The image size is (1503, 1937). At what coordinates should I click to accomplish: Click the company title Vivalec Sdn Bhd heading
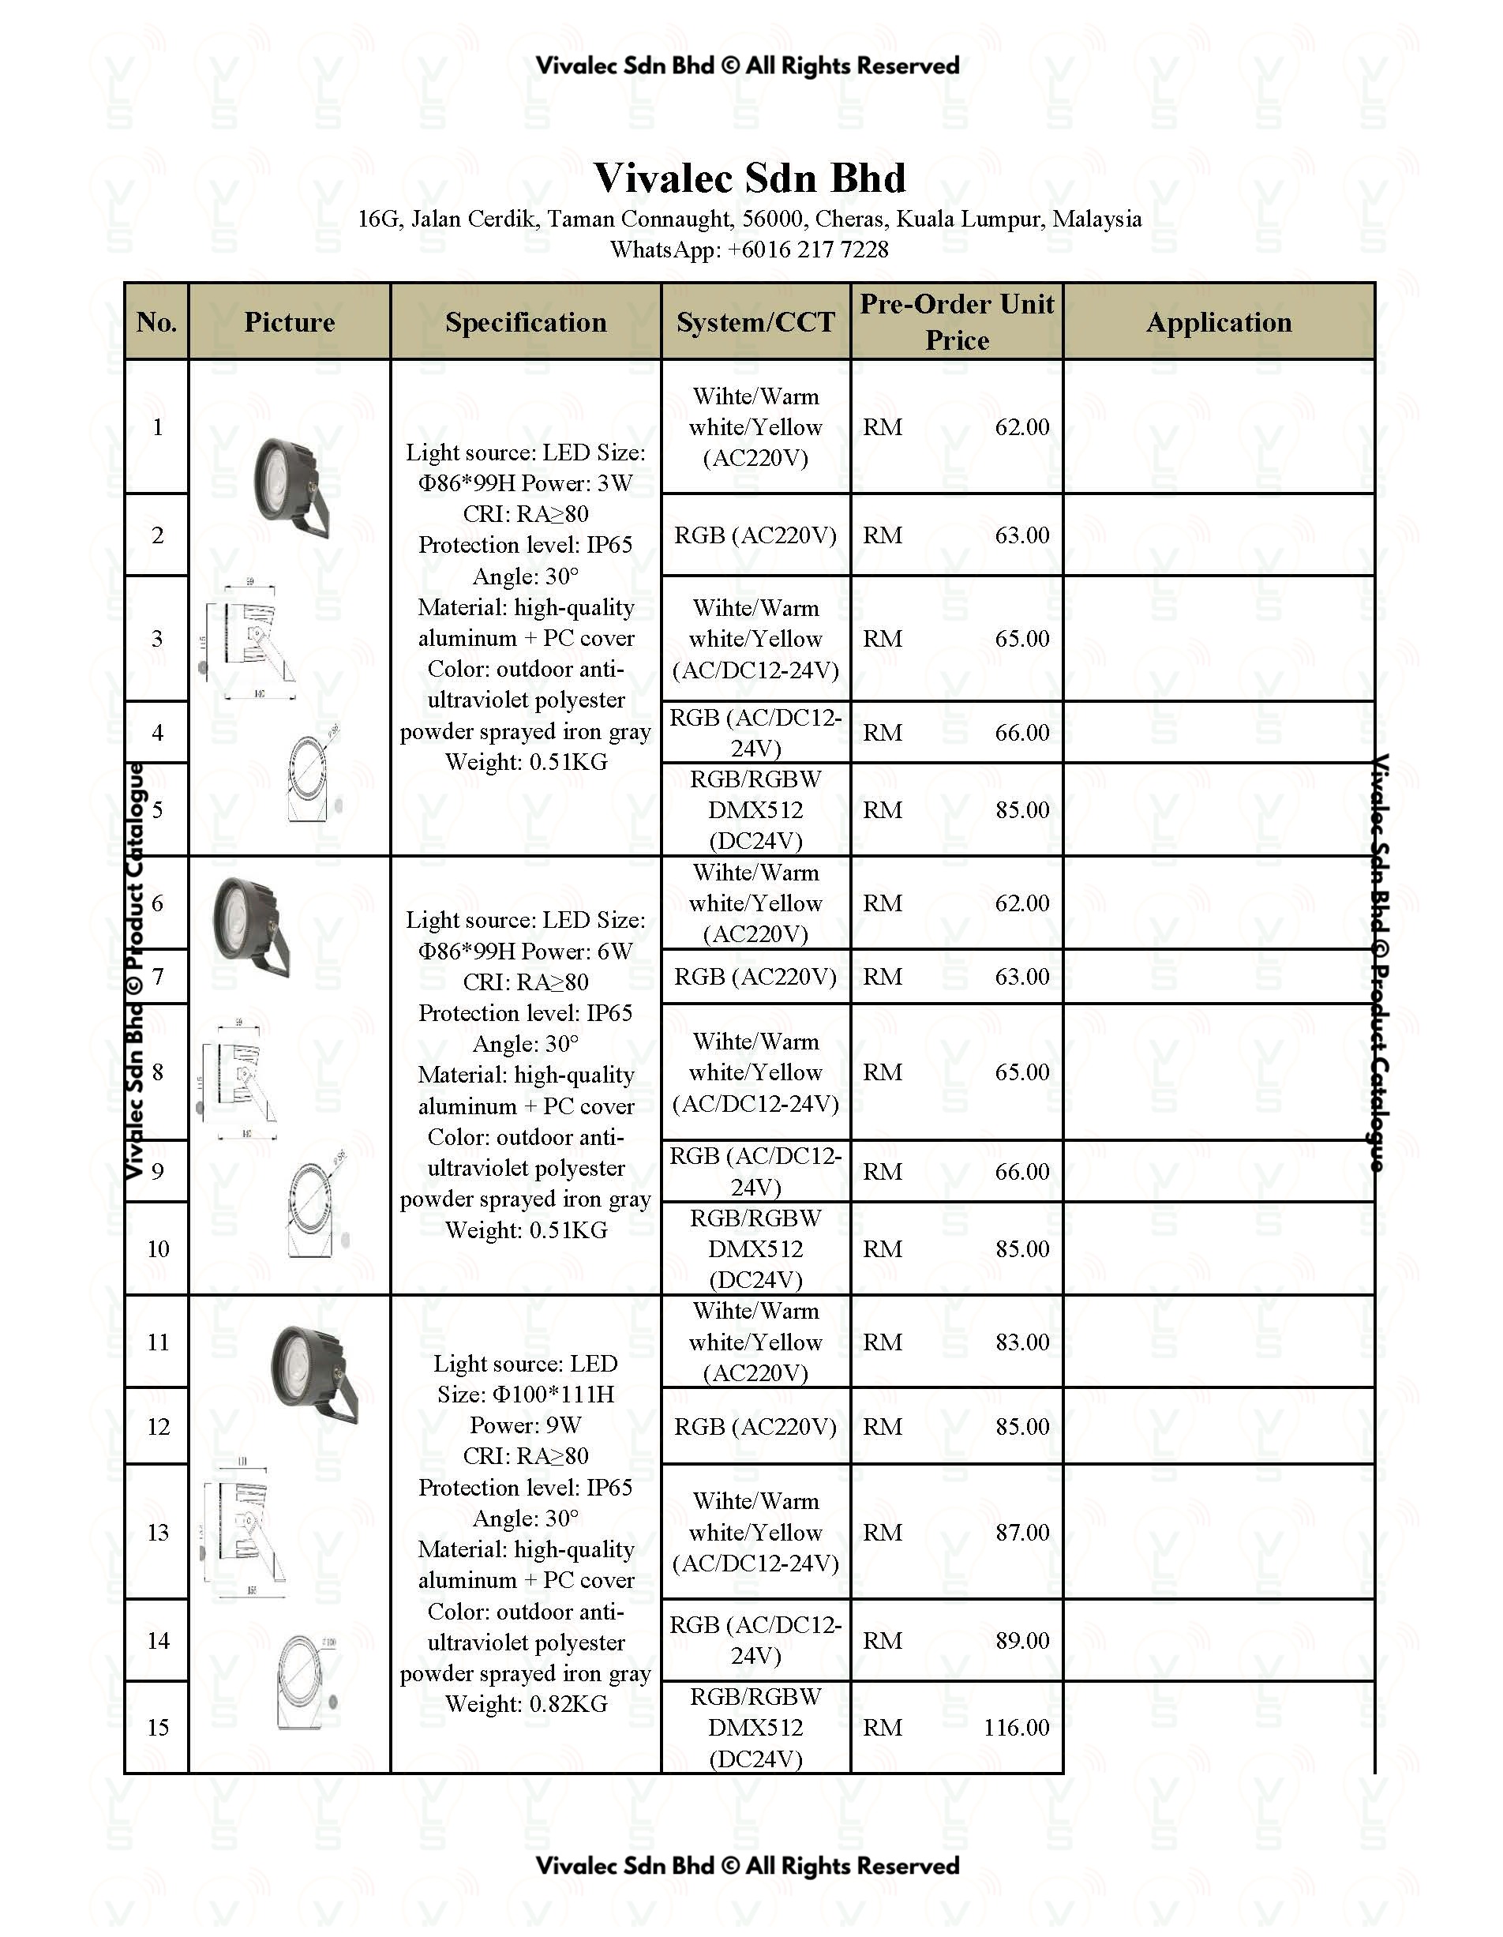pos(749,178)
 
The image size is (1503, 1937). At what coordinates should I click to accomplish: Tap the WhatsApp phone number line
pos(749,250)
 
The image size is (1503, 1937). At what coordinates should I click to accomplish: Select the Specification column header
pos(526,322)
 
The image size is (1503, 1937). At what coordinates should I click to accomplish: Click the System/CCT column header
pos(755,322)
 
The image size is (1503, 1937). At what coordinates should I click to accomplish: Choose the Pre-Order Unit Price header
pos(957,322)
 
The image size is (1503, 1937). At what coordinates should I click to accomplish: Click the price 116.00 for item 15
pos(1015,1727)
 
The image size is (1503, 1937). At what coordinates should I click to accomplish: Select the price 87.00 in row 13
pos(1021,1532)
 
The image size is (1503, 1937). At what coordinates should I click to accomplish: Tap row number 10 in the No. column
pos(158,1248)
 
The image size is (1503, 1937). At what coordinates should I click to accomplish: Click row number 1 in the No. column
pos(158,427)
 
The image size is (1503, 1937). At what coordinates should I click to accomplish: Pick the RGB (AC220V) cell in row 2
pos(755,535)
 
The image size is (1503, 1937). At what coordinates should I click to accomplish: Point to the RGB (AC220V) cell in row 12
pos(755,1426)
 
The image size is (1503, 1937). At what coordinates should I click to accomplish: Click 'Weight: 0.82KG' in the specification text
pos(526,1704)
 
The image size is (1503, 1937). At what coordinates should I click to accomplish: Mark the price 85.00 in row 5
pos(1021,809)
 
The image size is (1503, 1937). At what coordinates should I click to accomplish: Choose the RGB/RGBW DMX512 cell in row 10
pos(755,1248)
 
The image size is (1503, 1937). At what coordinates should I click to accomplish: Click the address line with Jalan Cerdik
pos(749,219)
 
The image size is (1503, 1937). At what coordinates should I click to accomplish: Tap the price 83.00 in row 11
pos(1021,1342)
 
